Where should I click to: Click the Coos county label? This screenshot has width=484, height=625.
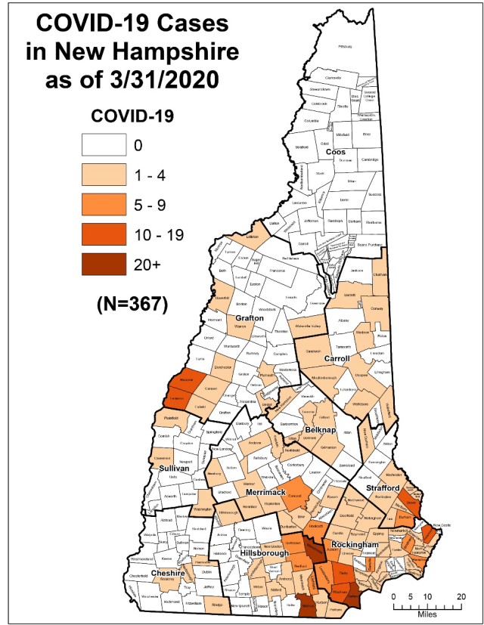click(x=335, y=152)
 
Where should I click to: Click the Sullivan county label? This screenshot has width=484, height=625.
click(x=173, y=469)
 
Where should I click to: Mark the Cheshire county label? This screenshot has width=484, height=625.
click(x=168, y=573)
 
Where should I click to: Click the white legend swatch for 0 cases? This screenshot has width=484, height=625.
click(x=104, y=144)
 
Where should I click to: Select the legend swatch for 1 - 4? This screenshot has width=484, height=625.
click(x=104, y=173)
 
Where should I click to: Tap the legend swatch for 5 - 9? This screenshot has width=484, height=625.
click(x=104, y=203)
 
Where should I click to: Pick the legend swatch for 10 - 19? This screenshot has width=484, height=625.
click(x=104, y=232)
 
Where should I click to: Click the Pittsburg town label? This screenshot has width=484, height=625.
click(x=346, y=46)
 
